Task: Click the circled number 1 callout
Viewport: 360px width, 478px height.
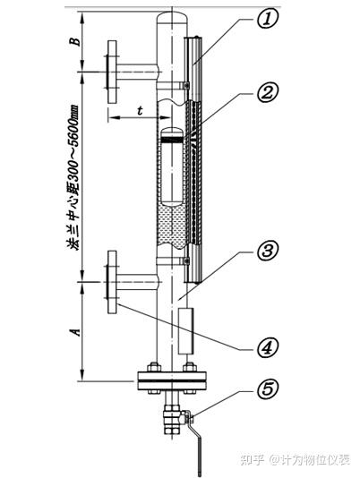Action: coord(267,19)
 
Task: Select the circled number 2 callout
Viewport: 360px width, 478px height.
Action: coord(267,93)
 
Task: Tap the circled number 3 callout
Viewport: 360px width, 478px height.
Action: coord(267,252)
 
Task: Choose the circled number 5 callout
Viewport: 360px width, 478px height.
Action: coord(267,389)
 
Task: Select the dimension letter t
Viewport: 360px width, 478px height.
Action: coord(140,110)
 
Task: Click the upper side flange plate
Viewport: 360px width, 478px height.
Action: coord(112,72)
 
